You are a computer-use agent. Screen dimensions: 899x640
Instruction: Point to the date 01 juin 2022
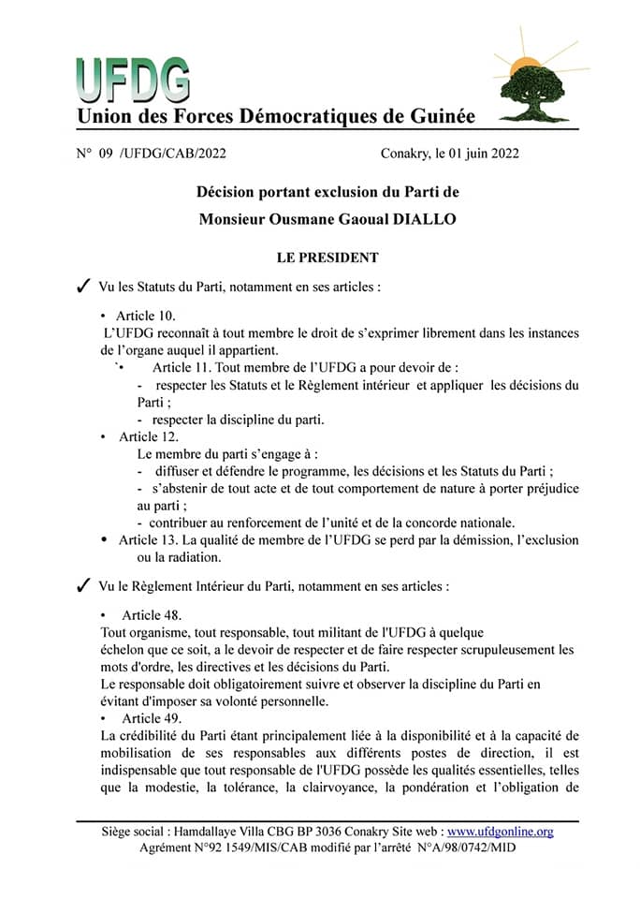point(480,153)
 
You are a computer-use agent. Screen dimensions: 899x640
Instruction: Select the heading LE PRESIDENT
point(327,257)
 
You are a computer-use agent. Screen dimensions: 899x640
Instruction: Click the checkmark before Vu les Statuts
point(82,286)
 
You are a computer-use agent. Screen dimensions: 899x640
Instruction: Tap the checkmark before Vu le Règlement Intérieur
point(82,587)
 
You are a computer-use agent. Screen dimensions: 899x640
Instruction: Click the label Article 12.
point(149,436)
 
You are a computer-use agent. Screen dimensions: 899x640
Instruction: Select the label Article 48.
point(152,615)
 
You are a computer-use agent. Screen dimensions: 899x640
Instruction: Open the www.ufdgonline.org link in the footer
point(501,832)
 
